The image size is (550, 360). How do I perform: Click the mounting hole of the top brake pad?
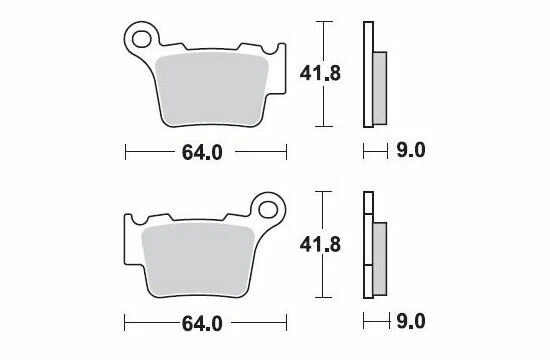(x=142, y=40)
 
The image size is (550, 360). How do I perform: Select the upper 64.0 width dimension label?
(x=206, y=152)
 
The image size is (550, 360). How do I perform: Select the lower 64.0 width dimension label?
(x=206, y=324)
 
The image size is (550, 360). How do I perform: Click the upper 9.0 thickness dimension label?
(x=411, y=152)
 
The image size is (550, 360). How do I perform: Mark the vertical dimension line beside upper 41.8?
(x=322, y=73)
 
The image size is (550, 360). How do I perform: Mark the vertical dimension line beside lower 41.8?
(x=322, y=244)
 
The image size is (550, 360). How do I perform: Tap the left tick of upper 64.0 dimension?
(x=125, y=152)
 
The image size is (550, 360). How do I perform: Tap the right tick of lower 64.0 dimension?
(x=288, y=324)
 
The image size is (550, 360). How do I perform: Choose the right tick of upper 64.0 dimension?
(x=288, y=152)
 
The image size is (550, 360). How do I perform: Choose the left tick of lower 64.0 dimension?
(x=125, y=324)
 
